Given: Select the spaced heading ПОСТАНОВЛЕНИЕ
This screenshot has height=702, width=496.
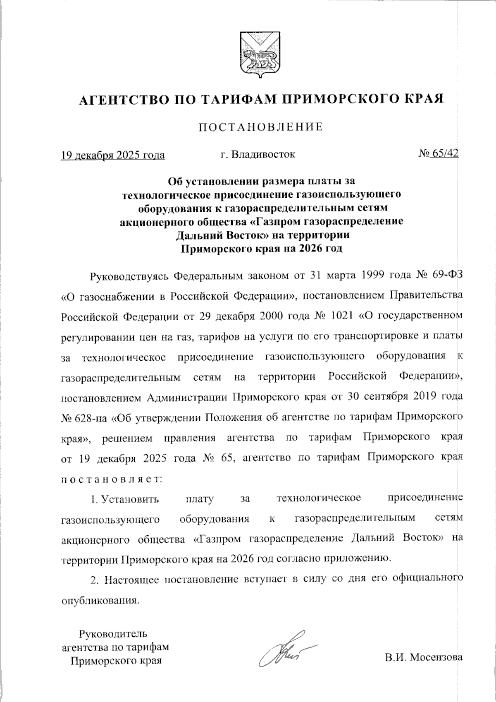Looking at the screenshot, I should (260, 127).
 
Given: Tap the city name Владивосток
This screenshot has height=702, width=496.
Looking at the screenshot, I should (263, 155).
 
